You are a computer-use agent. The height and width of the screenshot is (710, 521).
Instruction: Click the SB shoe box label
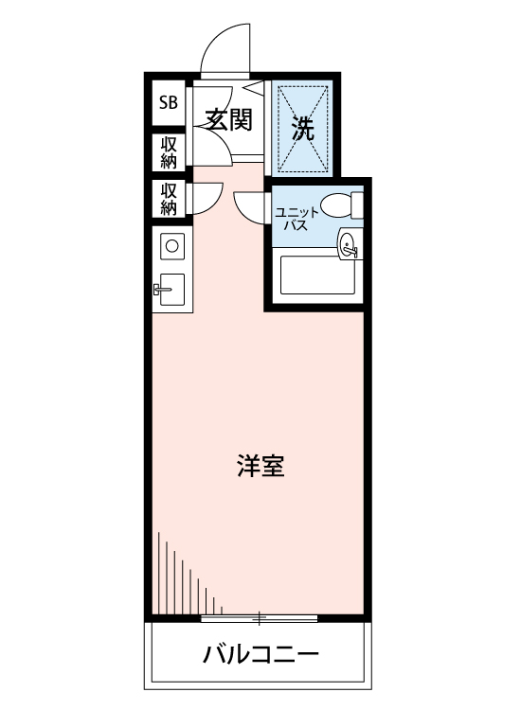click(x=168, y=102)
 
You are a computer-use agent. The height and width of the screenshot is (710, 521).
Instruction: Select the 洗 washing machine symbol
click(x=302, y=128)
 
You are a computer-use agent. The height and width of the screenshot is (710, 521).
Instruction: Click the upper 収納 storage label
click(x=169, y=151)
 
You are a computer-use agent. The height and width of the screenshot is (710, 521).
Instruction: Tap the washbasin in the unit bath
click(x=349, y=245)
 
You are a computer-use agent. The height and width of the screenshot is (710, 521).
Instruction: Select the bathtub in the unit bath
click(x=318, y=275)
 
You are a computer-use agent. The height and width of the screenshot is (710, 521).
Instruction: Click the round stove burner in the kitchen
click(x=172, y=247)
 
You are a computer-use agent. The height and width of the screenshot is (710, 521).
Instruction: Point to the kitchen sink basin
click(x=173, y=290)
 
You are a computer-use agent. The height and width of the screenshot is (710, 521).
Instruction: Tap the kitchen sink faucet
click(x=158, y=290)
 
